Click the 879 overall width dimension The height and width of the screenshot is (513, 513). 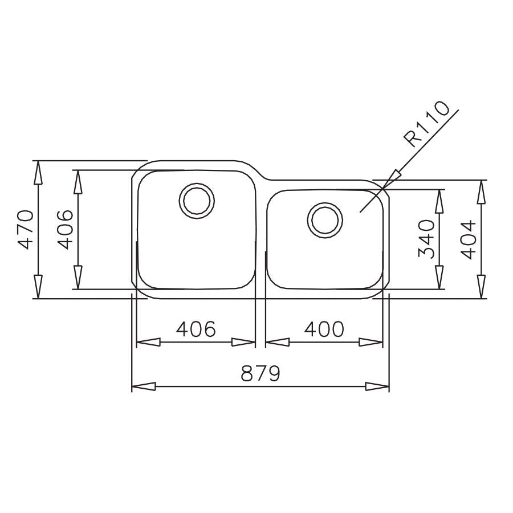[x=260, y=373]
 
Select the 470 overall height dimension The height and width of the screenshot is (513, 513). [x=26, y=230]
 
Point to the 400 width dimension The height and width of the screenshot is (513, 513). [x=324, y=329]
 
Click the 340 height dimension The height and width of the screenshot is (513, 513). [x=426, y=238]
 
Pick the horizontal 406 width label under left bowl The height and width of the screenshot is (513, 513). [x=196, y=329]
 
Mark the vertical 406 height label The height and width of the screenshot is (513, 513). [x=65, y=230]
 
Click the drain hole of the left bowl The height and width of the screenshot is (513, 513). [x=197, y=201]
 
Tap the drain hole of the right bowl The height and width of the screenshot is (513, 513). [x=325, y=220]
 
